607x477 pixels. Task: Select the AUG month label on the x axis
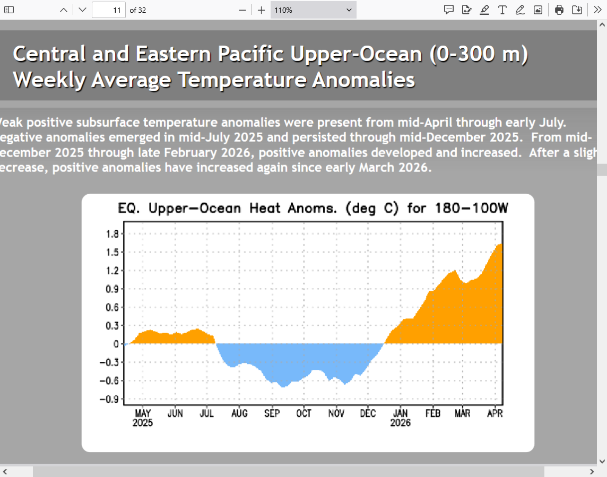point(239,414)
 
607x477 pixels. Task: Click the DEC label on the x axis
point(368,414)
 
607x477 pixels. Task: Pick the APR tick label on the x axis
point(495,414)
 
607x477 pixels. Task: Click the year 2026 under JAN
point(401,423)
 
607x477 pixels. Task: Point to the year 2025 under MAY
point(143,423)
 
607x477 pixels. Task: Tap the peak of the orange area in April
point(500,244)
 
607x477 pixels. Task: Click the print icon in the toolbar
point(559,10)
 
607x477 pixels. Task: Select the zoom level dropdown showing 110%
point(313,10)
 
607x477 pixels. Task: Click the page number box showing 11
point(109,10)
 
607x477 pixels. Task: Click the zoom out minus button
point(242,10)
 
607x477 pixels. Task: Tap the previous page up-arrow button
point(64,10)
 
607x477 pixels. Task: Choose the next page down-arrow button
point(82,10)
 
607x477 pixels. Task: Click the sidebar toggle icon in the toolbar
point(9,10)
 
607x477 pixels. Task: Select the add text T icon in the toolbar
point(502,10)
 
